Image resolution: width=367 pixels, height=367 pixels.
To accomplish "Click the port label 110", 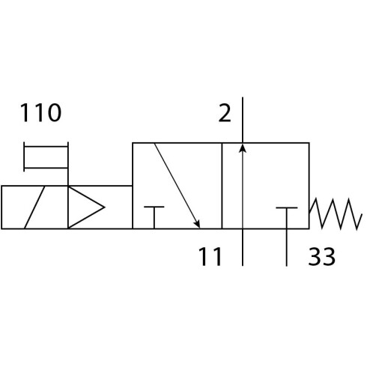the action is click(40, 112).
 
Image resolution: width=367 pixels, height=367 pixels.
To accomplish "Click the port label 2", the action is click(225, 113).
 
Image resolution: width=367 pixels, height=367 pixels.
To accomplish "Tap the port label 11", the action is click(210, 257).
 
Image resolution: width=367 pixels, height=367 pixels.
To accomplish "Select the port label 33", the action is click(321, 256).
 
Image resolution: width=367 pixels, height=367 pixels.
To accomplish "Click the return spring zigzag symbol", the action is click(336, 213).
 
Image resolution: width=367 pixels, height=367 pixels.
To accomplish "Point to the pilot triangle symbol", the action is click(86, 207).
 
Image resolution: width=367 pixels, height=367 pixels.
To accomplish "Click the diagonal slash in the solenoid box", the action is click(34, 207).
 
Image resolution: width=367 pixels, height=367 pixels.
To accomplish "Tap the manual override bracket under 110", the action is click(46, 157).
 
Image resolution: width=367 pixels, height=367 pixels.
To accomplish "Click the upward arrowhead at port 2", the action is click(243, 148).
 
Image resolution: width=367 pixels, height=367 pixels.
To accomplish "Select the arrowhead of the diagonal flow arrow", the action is click(197, 224).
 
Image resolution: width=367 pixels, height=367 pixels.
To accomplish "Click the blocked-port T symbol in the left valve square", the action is click(154, 217).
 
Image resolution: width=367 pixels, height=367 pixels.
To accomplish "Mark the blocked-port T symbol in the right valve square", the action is click(287, 218).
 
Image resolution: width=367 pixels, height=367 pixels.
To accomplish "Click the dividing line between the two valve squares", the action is click(222, 186).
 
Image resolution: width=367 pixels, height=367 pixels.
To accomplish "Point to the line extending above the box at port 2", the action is click(243, 120).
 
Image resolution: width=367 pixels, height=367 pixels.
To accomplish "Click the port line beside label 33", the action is click(287, 247).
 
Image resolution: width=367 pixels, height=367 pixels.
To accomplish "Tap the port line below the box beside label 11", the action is click(243, 247).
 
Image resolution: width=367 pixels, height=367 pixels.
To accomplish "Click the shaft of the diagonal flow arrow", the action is click(177, 186).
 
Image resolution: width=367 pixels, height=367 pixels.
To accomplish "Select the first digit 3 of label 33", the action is click(315, 256).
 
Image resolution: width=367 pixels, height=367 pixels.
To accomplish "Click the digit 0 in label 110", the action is click(55, 112).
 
